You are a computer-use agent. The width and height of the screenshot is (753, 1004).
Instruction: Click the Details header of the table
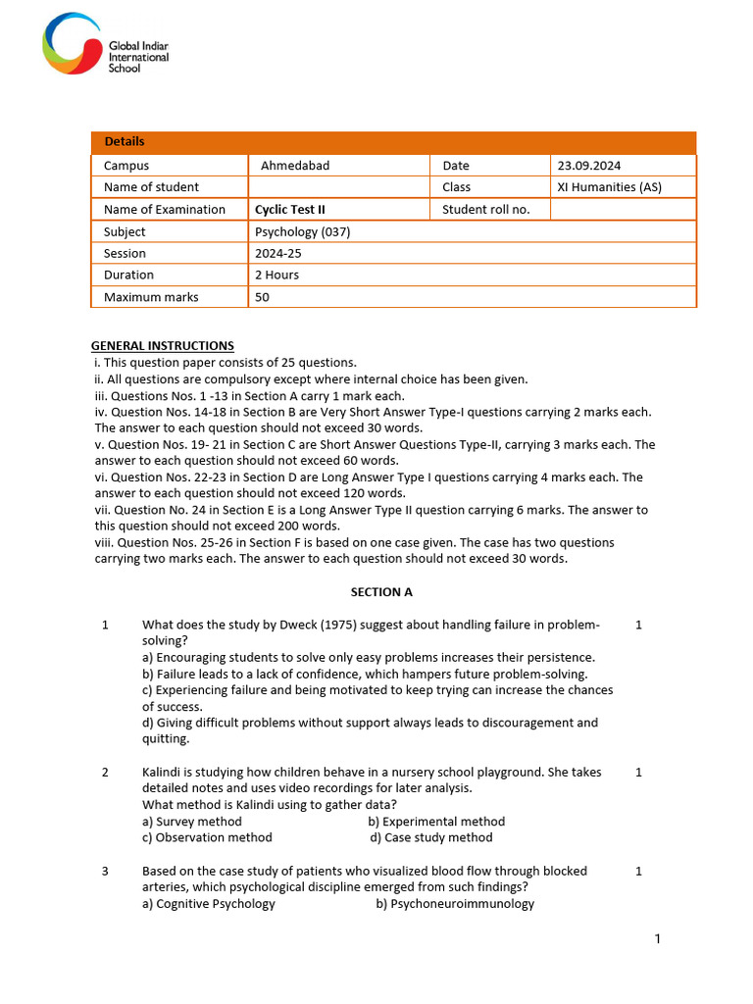click(x=125, y=142)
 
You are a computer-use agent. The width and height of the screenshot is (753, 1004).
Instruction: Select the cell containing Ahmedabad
click(x=295, y=166)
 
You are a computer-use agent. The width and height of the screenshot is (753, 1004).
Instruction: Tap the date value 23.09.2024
click(x=588, y=166)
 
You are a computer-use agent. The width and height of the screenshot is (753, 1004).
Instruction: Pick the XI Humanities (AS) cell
click(x=609, y=187)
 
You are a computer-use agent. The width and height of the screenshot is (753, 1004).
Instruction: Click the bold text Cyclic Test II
click(x=289, y=209)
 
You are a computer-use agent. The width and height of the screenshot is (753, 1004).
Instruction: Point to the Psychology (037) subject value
click(x=302, y=232)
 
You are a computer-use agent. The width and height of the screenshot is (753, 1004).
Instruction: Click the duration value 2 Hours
click(x=276, y=275)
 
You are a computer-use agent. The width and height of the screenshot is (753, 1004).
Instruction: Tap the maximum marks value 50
click(x=262, y=297)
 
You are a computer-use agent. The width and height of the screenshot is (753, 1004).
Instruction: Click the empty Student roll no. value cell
click(x=623, y=209)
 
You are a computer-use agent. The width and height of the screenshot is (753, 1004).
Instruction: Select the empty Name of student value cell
click(x=338, y=187)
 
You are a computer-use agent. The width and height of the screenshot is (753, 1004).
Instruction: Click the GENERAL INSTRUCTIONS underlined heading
click(x=163, y=345)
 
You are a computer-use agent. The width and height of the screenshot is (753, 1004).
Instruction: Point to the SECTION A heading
click(x=381, y=592)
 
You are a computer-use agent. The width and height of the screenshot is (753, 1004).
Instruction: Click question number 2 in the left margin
click(x=105, y=773)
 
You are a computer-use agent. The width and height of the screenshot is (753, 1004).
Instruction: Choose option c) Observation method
click(x=207, y=837)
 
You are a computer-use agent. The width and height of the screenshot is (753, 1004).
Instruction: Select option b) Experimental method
click(x=436, y=822)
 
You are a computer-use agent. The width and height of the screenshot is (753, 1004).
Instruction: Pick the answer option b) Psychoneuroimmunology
click(x=455, y=903)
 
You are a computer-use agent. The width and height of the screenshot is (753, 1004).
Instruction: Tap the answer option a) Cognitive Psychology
click(x=208, y=903)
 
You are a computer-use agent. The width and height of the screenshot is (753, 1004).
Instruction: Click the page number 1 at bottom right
click(x=658, y=939)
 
